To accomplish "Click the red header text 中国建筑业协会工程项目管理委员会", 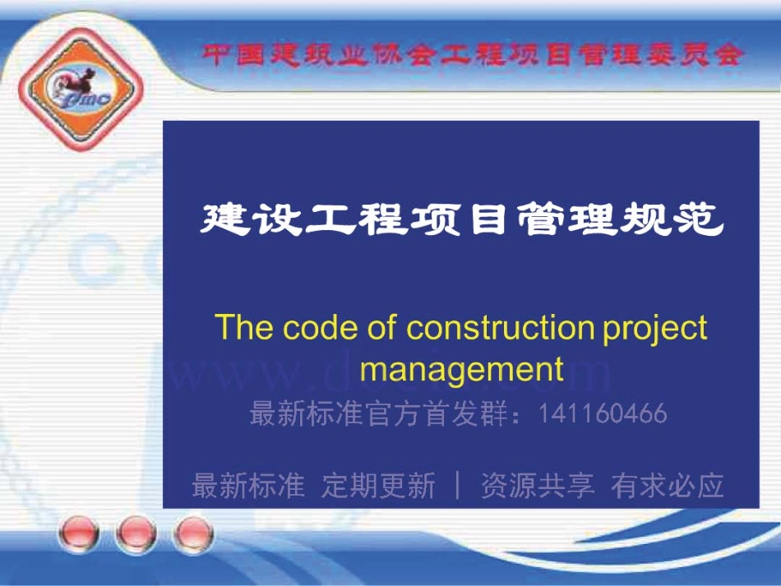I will (473, 55).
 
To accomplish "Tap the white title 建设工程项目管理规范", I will (462, 219).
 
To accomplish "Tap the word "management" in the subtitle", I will (461, 368).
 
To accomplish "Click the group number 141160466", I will (603, 413).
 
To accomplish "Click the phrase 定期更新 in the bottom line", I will (378, 486).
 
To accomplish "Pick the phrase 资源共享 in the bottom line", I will (537, 486).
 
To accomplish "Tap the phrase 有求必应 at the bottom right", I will (668, 486).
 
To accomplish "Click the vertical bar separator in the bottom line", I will (458, 486).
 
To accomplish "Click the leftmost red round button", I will (79, 535).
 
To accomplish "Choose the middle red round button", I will (136, 535).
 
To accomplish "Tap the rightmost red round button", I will (192, 535).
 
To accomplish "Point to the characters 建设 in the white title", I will (251, 219).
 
